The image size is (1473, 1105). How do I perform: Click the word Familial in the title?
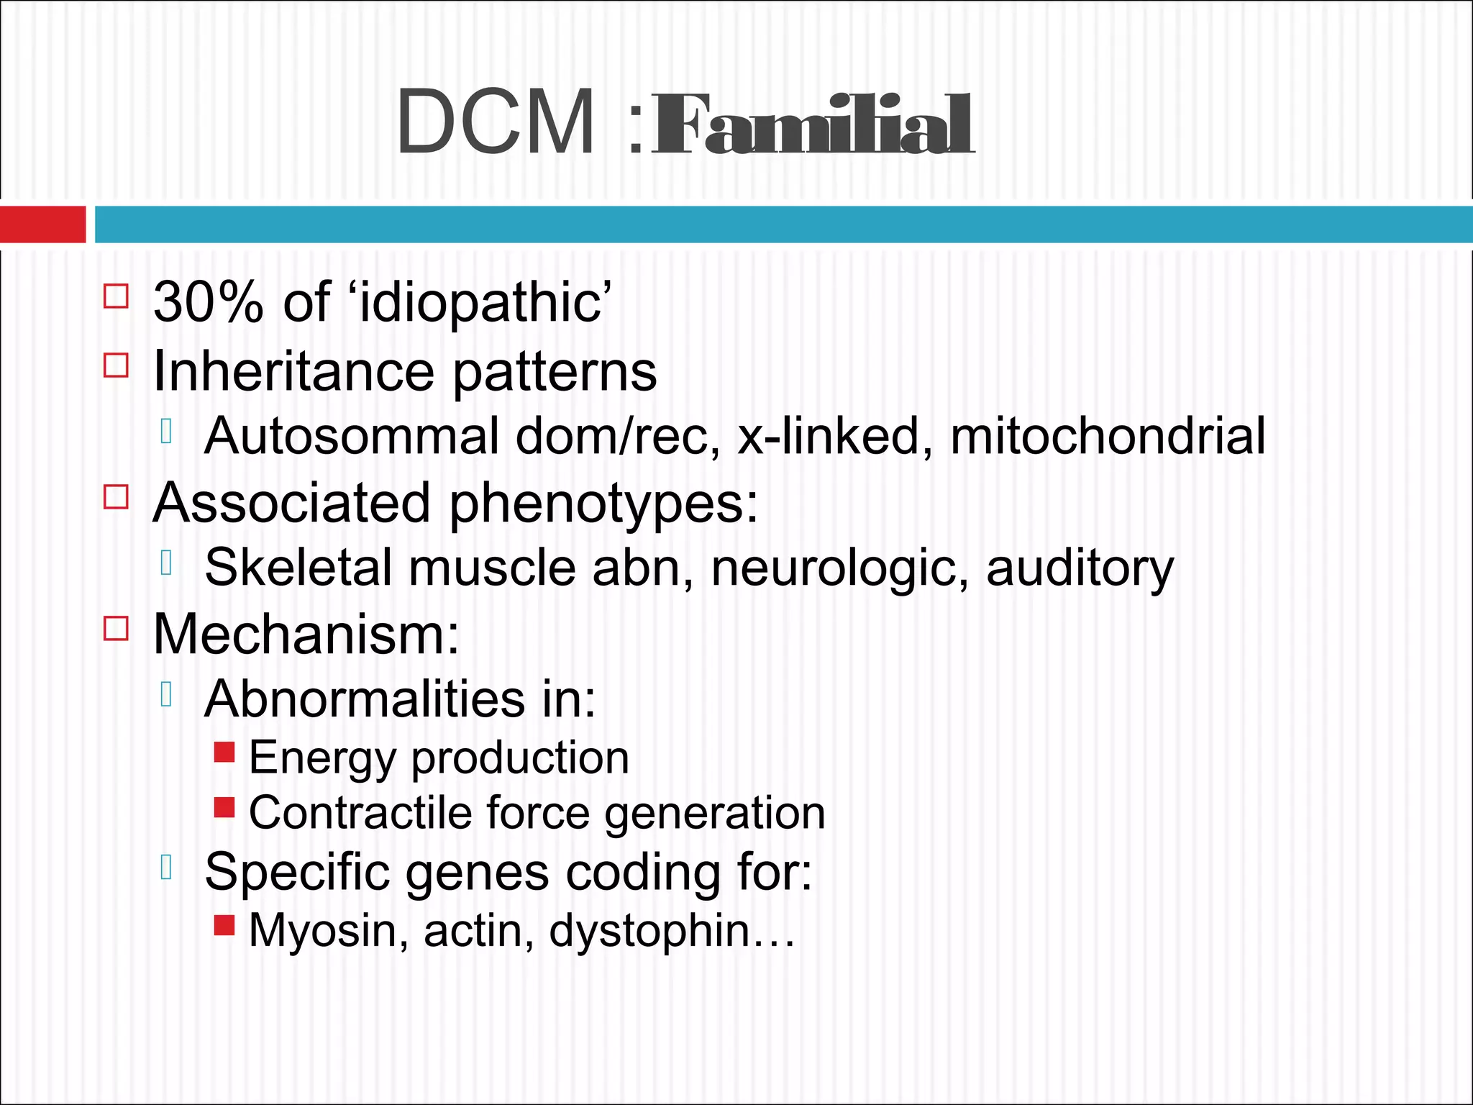click(x=813, y=126)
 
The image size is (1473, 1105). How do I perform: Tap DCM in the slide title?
click(x=496, y=122)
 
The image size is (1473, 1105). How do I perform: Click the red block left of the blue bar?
click(x=42, y=224)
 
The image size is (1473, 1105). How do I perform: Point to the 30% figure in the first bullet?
click(x=209, y=302)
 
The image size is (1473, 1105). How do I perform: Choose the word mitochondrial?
click(x=1108, y=436)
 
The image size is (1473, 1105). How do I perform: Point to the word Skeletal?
click(x=298, y=568)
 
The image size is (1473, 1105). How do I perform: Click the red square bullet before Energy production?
click(x=224, y=752)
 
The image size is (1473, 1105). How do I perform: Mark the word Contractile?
click(x=360, y=813)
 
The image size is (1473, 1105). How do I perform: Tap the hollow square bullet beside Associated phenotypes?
click(x=117, y=496)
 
